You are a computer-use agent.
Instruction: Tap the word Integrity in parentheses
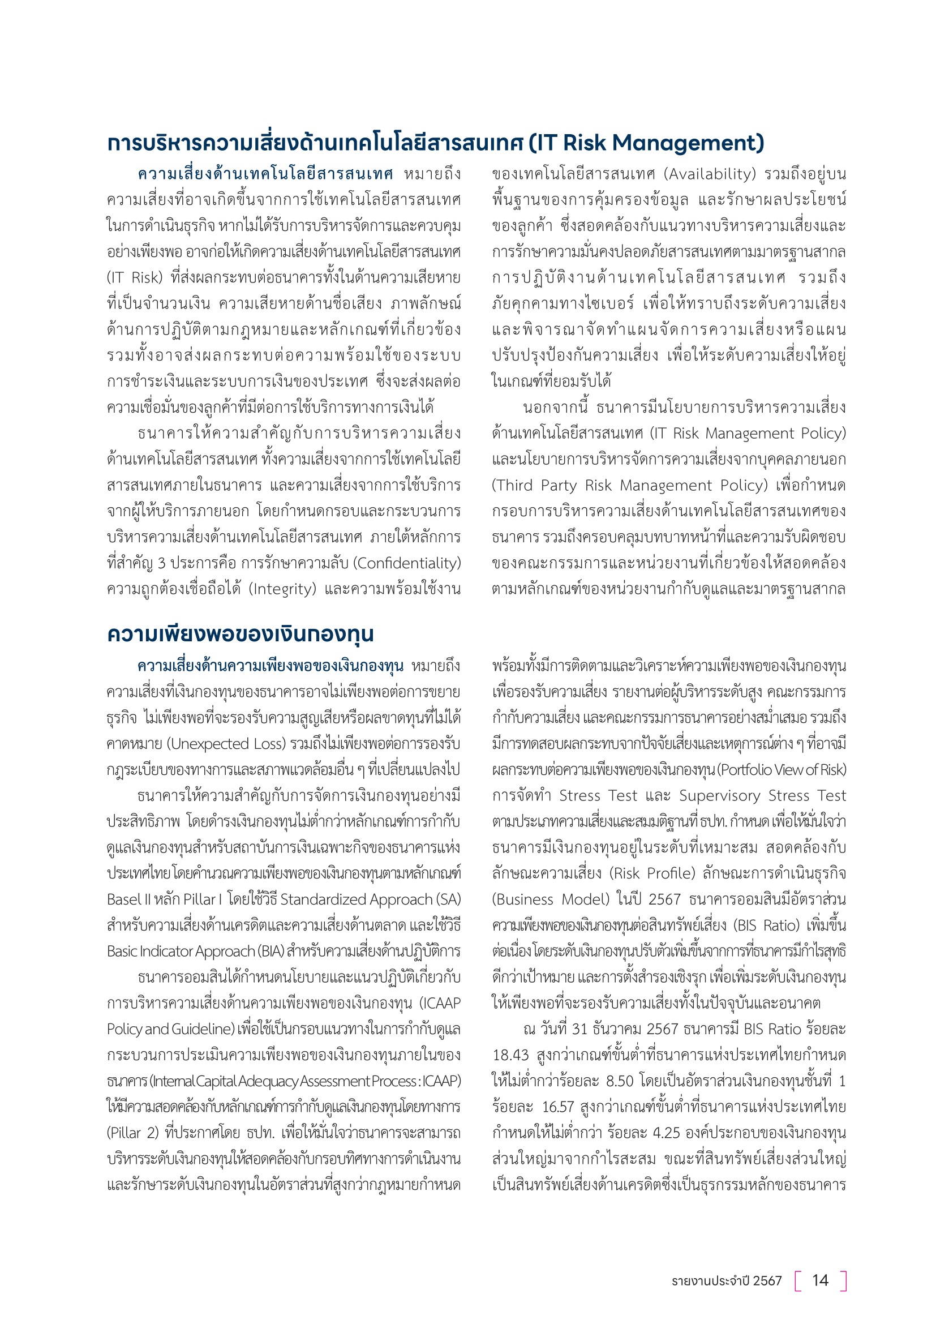(283, 589)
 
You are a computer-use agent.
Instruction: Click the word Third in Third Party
(514, 486)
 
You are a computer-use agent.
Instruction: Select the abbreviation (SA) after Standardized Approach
(449, 899)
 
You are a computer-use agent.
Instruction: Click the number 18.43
(510, 1055)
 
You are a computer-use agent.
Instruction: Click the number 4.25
(666, 1133)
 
